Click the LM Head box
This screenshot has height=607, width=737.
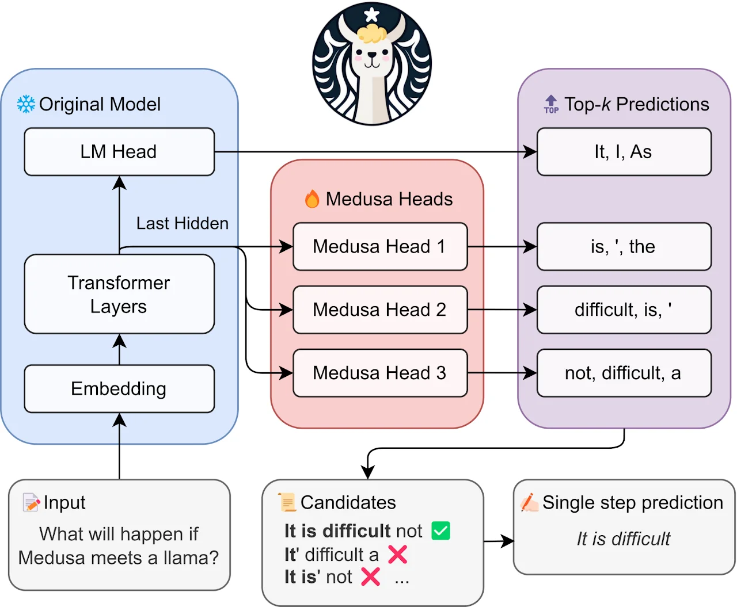[x=119, y=152]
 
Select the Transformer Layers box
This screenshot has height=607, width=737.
[x=119, y=294]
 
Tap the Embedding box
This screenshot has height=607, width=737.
[x=119, y=389]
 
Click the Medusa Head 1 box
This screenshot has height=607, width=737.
[x=380, y=246]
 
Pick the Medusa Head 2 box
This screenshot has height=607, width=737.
[x=380, y=310]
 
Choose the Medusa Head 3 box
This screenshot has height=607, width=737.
[x=380, y=373]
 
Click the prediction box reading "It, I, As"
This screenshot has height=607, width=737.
[x=624, y=152]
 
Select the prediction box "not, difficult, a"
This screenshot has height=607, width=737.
[x=624, y=373]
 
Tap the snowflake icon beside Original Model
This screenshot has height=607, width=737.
[x=26, y=104]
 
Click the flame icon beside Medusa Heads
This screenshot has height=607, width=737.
[x=312, y=199]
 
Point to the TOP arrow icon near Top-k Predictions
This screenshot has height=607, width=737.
[x=551, y=104]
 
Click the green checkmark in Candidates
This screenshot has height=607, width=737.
[x=440, y=530]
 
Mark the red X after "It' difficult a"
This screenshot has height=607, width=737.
[x=397, y=555]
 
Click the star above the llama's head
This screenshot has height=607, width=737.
[x=372, y=14]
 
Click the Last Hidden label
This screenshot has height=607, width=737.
[x=182, y=223]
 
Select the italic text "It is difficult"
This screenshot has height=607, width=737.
[x=624, y=539]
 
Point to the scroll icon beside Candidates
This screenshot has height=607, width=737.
[x=287, y=502]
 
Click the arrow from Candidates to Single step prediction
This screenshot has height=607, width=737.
[x=499, y=541]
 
